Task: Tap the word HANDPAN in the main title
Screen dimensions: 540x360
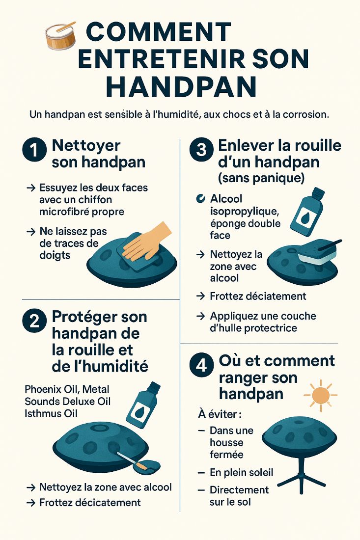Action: pos(181,86)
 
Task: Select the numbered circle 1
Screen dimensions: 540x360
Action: pos(34,150)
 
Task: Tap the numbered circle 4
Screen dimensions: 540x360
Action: pos(201,367)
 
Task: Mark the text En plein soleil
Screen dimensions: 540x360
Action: pos(241,472)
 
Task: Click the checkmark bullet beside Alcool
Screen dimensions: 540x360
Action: pos(200,199)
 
